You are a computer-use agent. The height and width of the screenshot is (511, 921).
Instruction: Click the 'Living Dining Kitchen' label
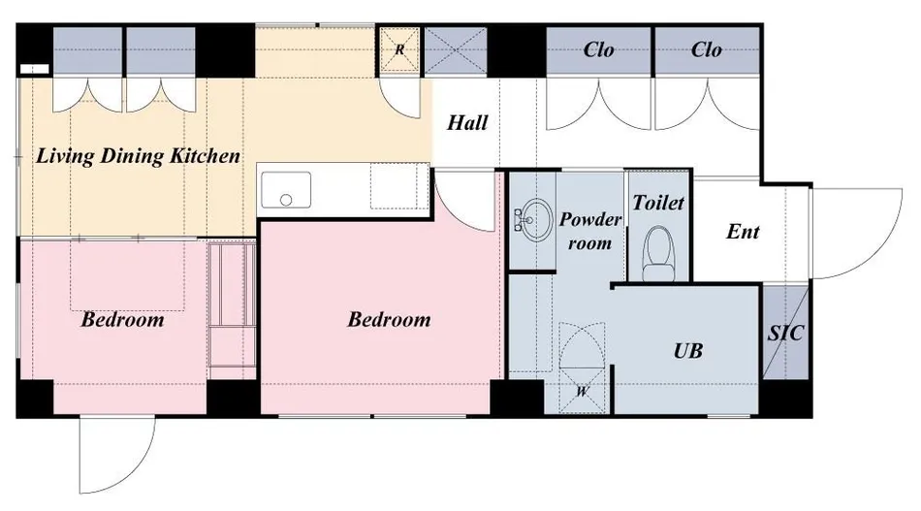pyautogui.click(x=138, y=156)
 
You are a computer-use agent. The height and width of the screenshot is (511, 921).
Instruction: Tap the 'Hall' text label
pyautogui.click(x=467, y=123)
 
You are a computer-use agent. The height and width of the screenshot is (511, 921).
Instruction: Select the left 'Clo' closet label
pyautogui.click(x=598, y=49)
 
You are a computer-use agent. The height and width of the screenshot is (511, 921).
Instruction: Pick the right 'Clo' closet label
pyautogui.click(x=706, y=49)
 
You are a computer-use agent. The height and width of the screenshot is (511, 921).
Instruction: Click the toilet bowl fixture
pyautogui.click(x=658, y=254)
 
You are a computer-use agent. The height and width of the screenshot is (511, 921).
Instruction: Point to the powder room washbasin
pyautogui.click(x=533, y=220)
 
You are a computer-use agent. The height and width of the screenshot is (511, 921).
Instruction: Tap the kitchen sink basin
pyautogui.click(x=286, y=190)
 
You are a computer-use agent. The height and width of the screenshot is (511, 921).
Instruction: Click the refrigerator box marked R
pyautogui.click(x=399, y=49)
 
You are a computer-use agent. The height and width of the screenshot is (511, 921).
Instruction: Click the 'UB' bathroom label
pyautogui.click(x=687, y=351)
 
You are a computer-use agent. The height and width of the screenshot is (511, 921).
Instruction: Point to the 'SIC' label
pyautogui.click(x=785, y=333)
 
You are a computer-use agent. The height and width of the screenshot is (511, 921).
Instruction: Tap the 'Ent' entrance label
pyautogui.click(x=743, y=232)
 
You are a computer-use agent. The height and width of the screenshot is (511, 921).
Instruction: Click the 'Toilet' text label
pyautogui.click(x=658, y=204)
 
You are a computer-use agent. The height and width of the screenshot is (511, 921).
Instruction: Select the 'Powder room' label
pyautogui.click(x=590, y=231)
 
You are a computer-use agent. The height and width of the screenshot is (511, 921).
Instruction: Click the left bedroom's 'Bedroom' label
pyautogui.click(x=122, y=320)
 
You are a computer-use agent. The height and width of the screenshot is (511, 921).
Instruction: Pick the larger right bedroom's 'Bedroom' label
pyautogui.click(x=389, y=320)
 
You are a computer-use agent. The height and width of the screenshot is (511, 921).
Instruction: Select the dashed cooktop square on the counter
pyautogui.click(x=398, y=187)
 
